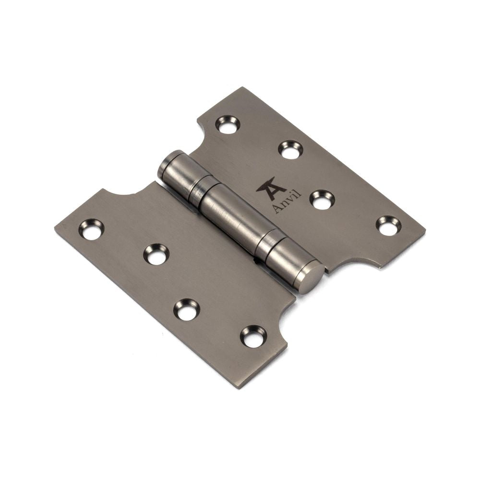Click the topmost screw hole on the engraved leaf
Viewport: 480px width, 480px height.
[x=228, y=124]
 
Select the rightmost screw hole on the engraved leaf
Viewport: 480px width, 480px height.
[x=387, y=226]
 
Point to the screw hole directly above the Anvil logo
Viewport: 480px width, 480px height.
[x=290, y=149]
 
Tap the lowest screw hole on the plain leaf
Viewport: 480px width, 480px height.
[x=252, y=336]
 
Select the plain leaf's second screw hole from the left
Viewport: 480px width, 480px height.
[x=156, y=254]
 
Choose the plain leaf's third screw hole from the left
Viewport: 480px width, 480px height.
[x=186, y=310]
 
